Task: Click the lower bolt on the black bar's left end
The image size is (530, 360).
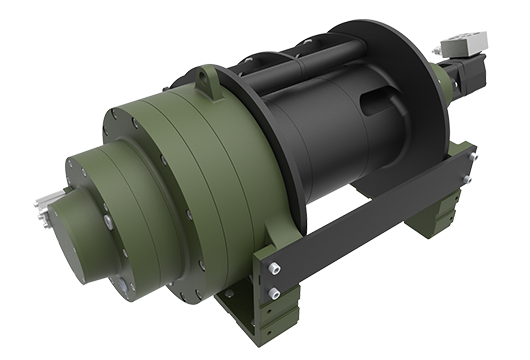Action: tap(274, 291)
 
